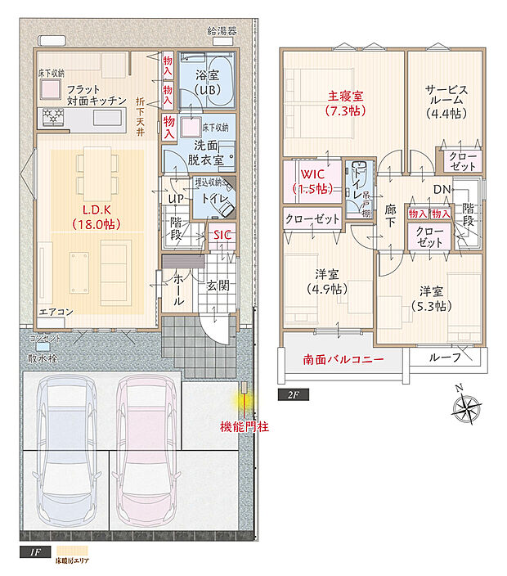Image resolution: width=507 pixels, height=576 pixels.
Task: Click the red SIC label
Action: (222, 236)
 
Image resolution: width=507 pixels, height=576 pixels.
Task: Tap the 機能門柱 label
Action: (245, 426)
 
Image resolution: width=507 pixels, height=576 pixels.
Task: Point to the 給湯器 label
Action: (222, 31)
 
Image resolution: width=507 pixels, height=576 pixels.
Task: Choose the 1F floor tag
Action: (34, 553)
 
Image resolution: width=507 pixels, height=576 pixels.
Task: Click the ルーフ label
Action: (445, 357)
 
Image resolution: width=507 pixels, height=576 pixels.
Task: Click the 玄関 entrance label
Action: (217, 285)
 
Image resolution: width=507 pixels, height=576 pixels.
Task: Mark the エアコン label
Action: (57, 312)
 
